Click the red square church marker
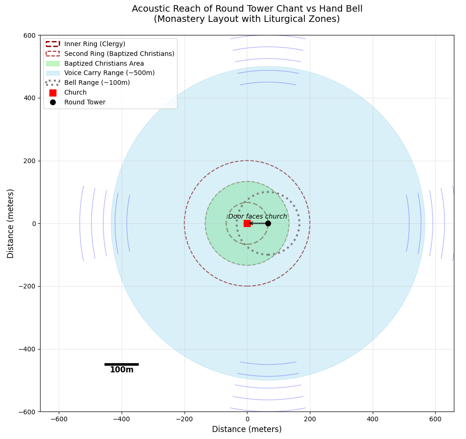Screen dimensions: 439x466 247,223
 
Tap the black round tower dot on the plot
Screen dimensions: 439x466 268,223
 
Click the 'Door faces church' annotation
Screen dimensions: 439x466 258,216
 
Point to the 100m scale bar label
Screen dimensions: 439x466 122,370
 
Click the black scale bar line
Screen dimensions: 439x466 122,364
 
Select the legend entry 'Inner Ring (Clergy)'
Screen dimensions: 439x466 95,44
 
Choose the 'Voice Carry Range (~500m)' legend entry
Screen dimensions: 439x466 110,73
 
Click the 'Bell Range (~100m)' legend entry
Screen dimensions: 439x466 97,83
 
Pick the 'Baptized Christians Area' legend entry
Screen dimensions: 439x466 104,63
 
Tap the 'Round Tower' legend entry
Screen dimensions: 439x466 85,103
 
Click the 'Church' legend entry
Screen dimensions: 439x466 75,93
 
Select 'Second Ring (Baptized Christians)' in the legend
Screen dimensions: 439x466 119,54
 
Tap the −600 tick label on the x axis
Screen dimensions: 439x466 59,418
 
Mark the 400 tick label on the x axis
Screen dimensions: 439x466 373,418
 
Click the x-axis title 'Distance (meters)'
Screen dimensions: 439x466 247,429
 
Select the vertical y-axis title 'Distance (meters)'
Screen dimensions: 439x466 11,223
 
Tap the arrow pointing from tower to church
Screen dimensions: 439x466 257,223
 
